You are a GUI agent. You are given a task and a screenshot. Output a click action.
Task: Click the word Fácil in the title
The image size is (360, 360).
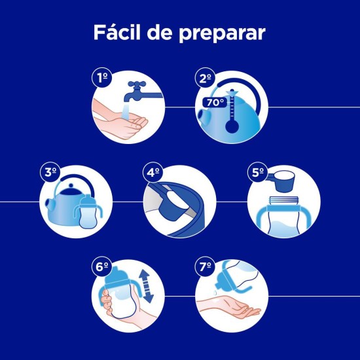117,32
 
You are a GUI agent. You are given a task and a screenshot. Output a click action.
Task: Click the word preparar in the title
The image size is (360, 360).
223,34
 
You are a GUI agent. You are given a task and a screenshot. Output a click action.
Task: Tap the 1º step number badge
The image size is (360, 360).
102,78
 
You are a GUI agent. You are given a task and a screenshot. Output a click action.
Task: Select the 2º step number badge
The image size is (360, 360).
206,78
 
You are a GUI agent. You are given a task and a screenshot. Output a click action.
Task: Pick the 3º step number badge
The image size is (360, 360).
50,172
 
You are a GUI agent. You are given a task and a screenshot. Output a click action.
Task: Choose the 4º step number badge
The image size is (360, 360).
153,172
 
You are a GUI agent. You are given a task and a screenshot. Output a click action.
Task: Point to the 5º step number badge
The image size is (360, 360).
258,172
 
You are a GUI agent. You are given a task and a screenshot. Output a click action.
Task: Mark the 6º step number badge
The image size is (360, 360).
102,266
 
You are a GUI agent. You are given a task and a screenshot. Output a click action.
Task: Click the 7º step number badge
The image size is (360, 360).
206,266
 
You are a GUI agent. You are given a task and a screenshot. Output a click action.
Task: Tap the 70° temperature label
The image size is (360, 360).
215,102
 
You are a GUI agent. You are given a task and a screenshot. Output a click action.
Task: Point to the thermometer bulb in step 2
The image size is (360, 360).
232,126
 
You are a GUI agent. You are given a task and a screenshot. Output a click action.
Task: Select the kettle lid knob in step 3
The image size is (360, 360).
71,185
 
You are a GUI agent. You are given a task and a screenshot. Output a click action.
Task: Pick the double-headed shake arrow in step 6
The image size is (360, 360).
146,286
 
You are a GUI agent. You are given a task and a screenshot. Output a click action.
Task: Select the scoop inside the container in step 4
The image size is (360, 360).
175,204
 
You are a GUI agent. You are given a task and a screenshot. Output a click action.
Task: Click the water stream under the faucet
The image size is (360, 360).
125,111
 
